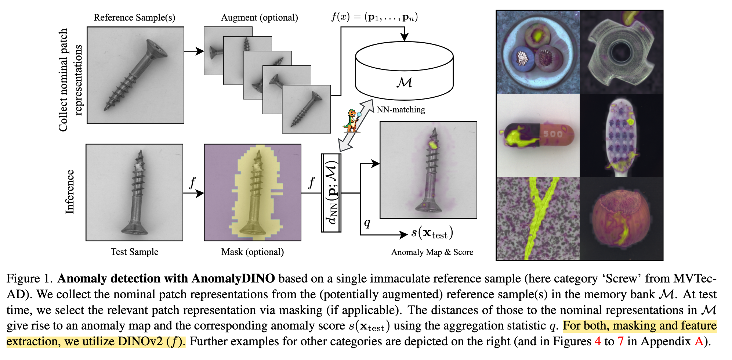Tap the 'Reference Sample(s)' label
tap(134, 18)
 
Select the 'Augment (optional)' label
tap(259, 18)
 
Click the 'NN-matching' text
tap(401, 109)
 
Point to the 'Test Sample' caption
tap(134, 252)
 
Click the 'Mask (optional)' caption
tap(253, 252)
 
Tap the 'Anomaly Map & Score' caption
tap(432, 252)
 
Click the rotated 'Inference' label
tap(70, 192)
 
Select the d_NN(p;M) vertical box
tap(331, 193)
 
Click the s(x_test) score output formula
tap(432, 233)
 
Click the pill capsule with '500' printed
tap(537, 135)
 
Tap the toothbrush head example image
tap(621, 135)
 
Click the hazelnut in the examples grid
tap(621, 218)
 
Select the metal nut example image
tap(621, 52)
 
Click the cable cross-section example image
tap(537, 52)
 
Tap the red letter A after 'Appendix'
tap(699, 341)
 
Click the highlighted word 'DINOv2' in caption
tap(141, 341)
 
